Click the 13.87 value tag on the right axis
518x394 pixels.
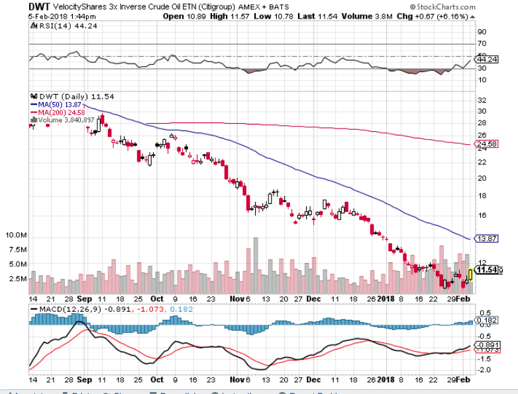[487, 238]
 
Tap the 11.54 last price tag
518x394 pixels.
[488, 270]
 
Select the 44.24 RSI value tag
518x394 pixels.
[487, 59]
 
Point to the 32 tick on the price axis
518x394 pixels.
[483, 101]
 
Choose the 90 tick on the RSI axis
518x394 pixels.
[482, 31]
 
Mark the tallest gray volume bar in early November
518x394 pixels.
[255, 262]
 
